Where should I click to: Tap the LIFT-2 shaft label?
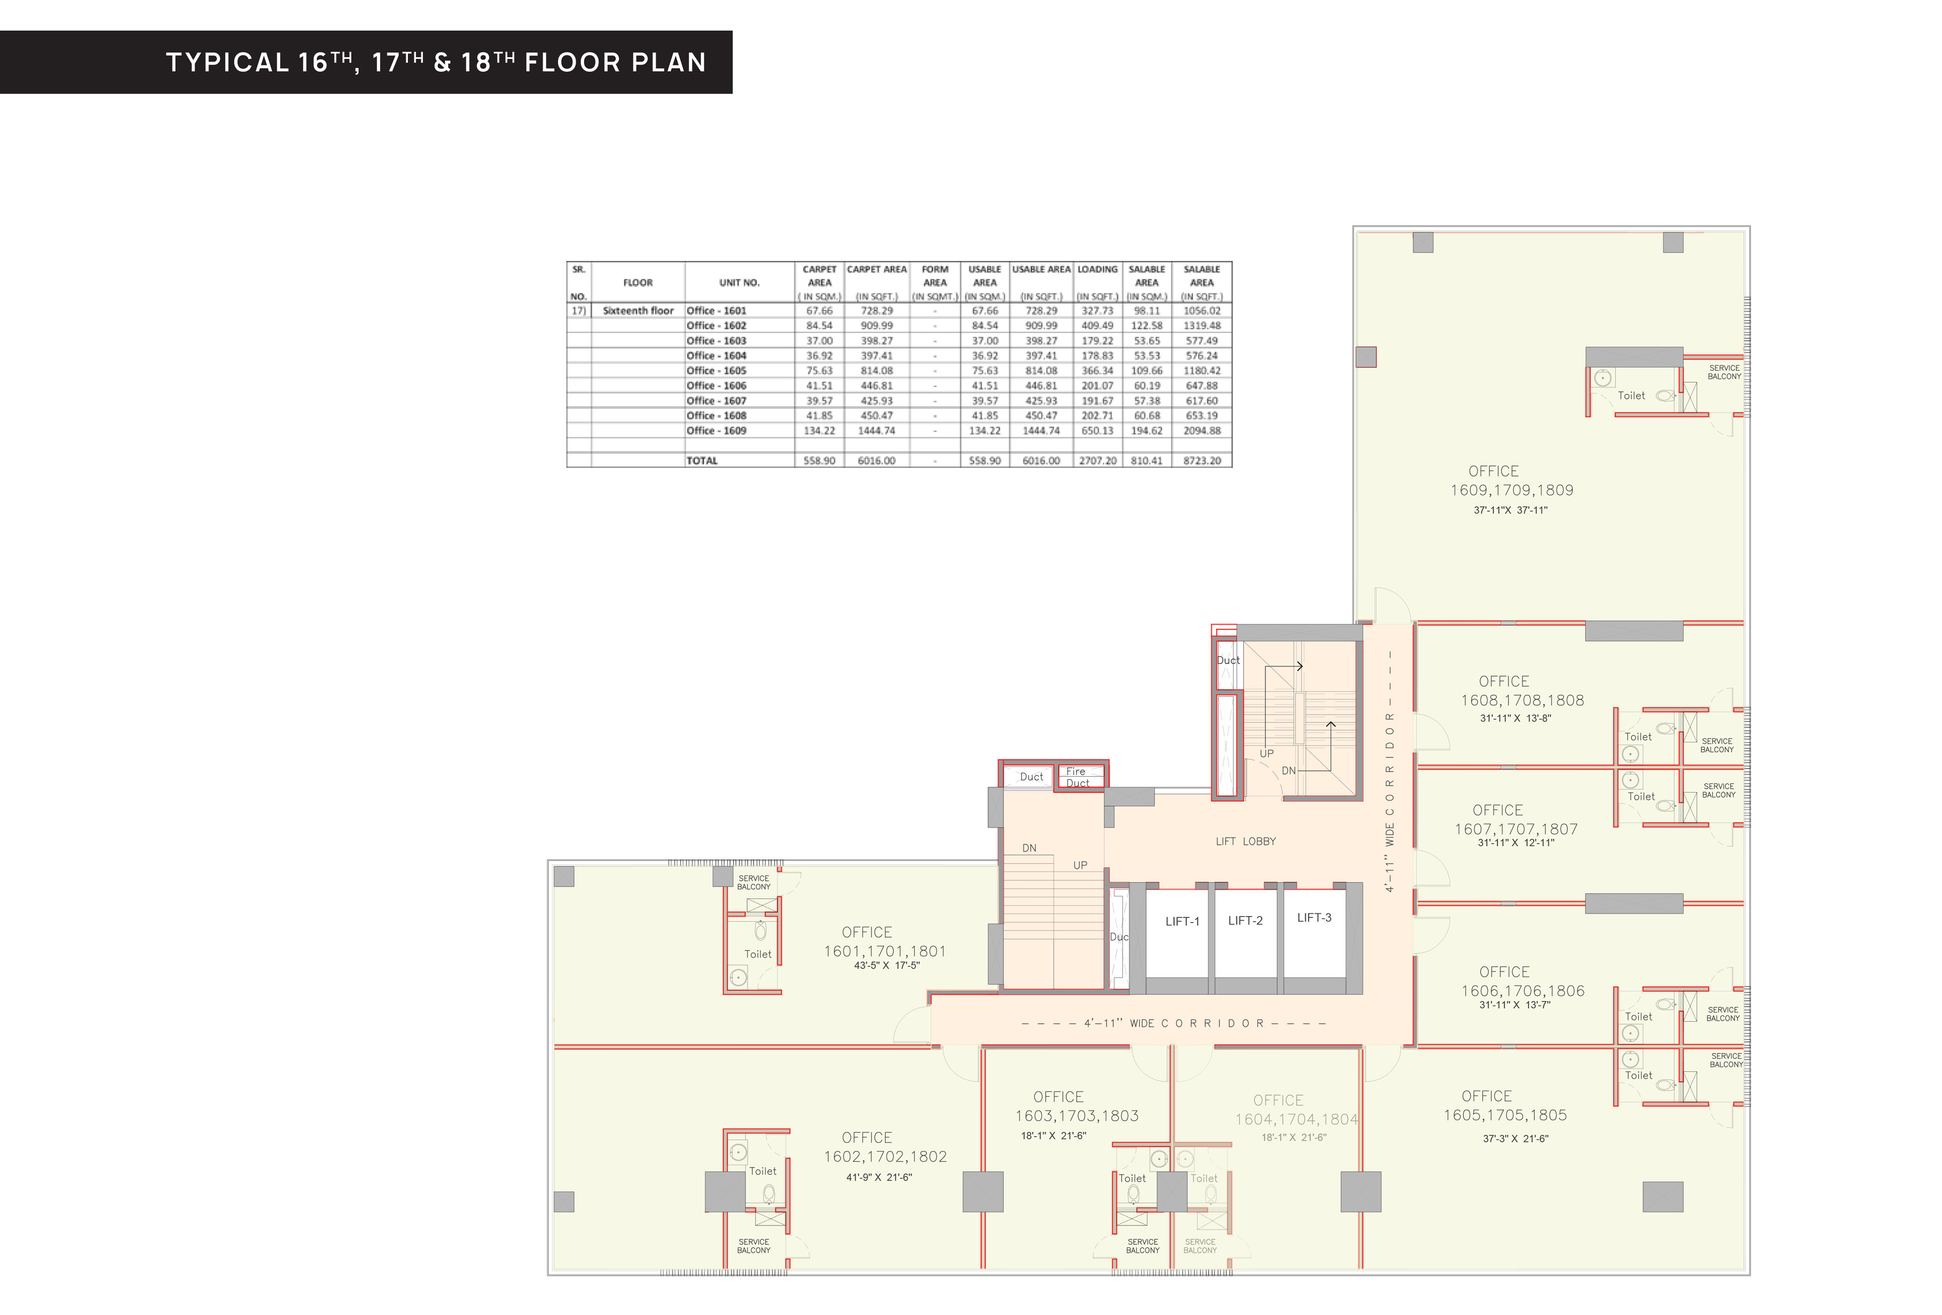[1245, 920]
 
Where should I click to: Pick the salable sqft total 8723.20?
[1202, 461]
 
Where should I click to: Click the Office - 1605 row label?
[716, 370]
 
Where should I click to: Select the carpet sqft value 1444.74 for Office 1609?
[877, 430]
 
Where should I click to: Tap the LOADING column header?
[1097, 269]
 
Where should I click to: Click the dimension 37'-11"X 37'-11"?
[1510, 510]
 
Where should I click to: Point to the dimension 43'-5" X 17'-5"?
[887, 966]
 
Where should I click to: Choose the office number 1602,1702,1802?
[885, 1156]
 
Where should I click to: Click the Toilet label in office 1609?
[1631, 395]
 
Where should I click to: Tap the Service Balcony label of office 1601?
[754, 883]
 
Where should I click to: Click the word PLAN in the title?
[669, 62]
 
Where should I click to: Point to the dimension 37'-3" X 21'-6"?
[1516, 1138]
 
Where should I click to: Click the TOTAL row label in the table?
[702, 461]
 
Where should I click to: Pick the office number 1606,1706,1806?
[1522, 991]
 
